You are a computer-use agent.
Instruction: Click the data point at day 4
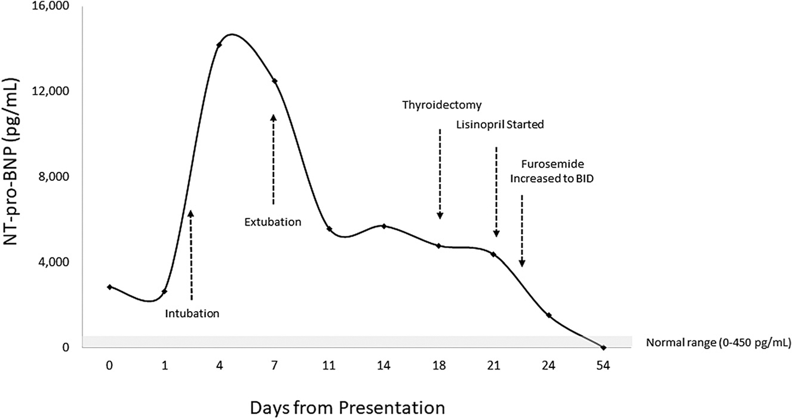pyautogui.click(x=219, y=45)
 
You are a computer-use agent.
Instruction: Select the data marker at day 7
pyautogui.click(x=274, y=81)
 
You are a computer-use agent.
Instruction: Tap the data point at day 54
pyautogui.click(x=604, y=348)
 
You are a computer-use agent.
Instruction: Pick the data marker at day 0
pyautogui.click(x=109, y=287)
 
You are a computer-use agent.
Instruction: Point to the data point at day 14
pyautogui.click(x=384, y=226)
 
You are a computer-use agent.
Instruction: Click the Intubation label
pyautogui.click(x=192, y=312)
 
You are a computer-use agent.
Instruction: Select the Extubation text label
pyautogui.click(x=273, y=222)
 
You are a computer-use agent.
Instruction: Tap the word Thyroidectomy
pyautogui.click(x=441, y=105)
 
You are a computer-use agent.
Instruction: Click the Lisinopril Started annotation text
pyautogui.click(x=500, y=125)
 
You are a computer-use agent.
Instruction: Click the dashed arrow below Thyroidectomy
pyautogui.click(x=440, y=173)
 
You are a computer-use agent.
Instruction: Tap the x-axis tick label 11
pyautogui.click(x=329, y=365)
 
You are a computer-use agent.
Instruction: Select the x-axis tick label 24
pyautogui.click(x=549, y=365)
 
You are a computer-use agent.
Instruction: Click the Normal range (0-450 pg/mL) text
pyautogui.click(x=719, y=343)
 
